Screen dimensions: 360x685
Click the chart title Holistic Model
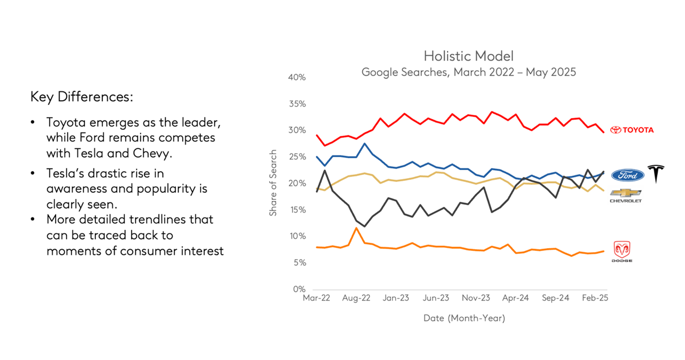[x=468, y=56]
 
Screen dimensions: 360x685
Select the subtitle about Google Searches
[x=468, y=72]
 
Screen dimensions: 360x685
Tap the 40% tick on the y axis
[x=297, y=78]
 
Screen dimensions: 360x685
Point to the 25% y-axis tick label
[x=297, y=157]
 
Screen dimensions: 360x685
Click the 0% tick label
[x=299, y=289]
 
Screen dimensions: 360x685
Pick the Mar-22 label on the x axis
[x=316, y=298]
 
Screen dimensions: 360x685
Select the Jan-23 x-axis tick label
[x=396, y=298]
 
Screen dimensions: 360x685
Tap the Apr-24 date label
[x=516, y=298]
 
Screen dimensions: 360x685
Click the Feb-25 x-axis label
[x=595, y=298]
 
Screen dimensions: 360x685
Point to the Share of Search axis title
[x=273, y=183]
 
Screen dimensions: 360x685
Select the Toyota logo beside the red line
[x=632, y=130]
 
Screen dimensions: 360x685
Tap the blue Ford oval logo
[x=627, y=175]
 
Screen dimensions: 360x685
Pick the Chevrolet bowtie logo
[x=626, y=193]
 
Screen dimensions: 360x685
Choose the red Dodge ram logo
[x=622, y=249]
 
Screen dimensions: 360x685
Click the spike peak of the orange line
[x=356, y=228]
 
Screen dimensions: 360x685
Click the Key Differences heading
[x=82, y=96]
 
